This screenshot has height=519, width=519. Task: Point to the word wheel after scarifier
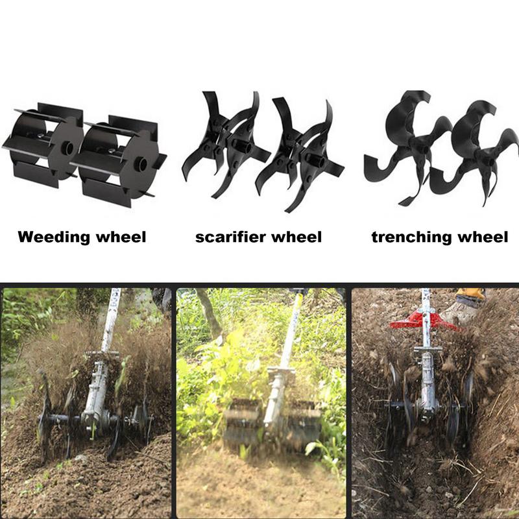click(x=296, y=237)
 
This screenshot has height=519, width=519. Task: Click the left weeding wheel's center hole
click(x=67, y=148)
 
